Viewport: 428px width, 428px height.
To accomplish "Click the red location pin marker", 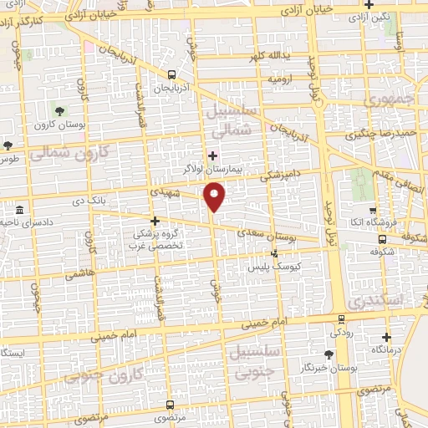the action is [x=215, y=198].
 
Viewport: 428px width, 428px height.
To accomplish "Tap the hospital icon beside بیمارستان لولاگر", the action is [x=211, y=155].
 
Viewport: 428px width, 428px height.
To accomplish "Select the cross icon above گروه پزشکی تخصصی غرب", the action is [x=155, y=221].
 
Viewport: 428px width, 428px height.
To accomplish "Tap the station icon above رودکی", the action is [x=341, y=318].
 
